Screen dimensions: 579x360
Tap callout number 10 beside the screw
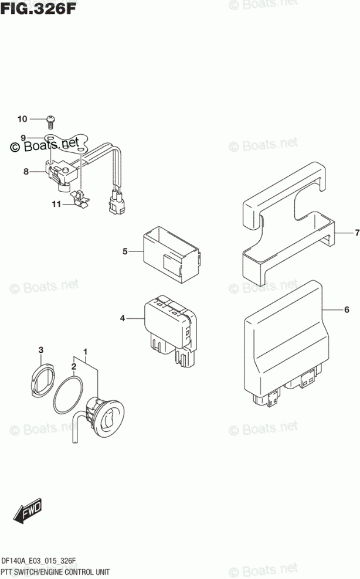[x=22, y=120]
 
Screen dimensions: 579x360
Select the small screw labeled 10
[x=50, y=121]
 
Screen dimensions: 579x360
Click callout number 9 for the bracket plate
[x=23, y=138]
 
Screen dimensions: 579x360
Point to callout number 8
[x=26, y=172]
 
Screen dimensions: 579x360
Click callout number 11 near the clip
[x=56, y=204]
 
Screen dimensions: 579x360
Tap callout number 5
[x=125, y=252]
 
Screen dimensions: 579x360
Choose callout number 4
[x=123, y=318]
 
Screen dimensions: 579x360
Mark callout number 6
[x=347, y=309]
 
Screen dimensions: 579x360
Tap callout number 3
[x=41, y=350]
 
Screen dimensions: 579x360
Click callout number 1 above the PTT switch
[x=86, y=352]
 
